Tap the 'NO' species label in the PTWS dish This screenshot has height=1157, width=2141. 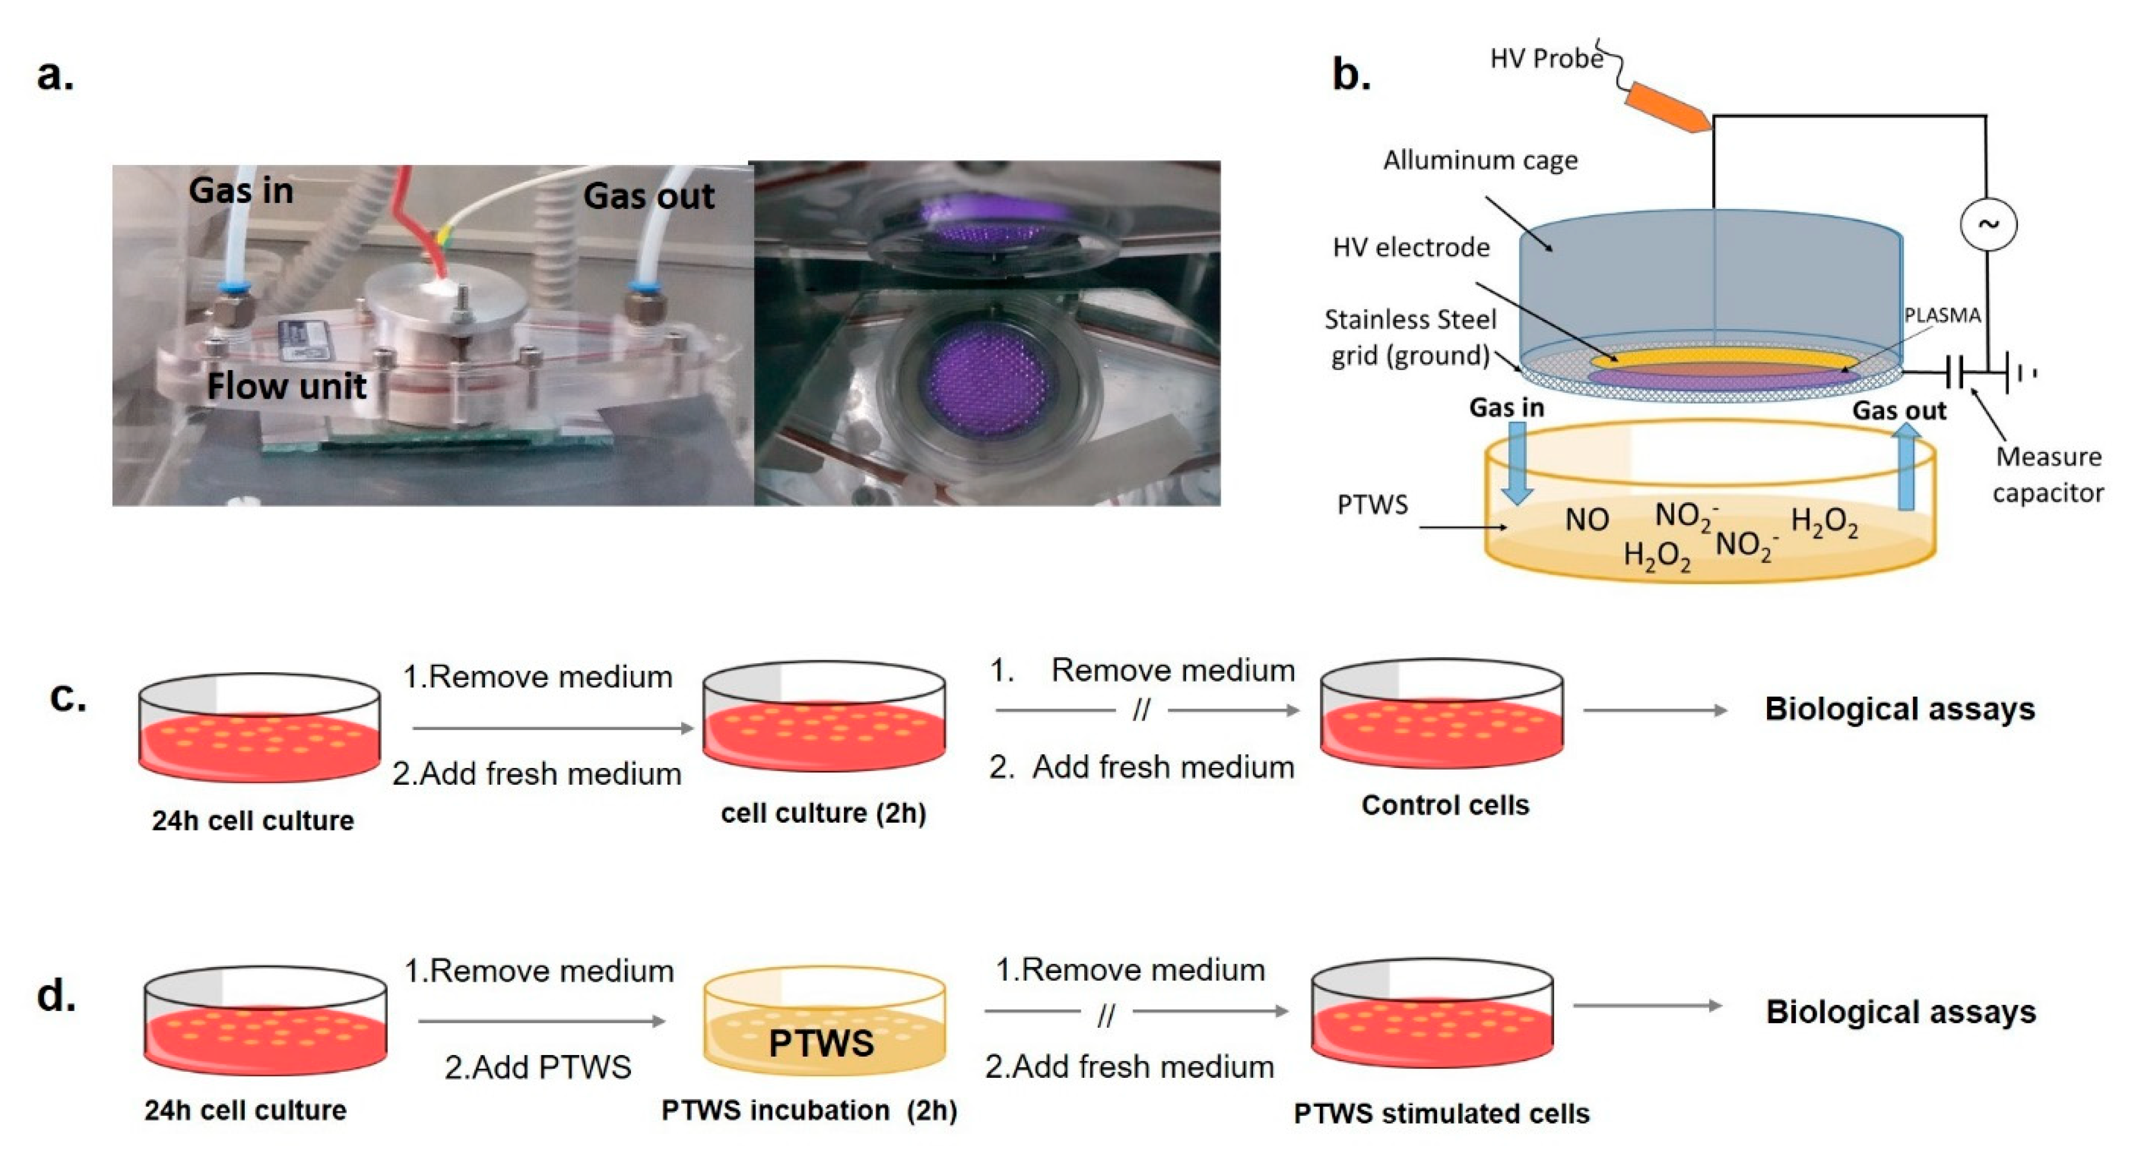(1586, 521)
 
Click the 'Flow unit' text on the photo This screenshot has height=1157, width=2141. (286, 386)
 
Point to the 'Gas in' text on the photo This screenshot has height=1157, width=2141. (241, 191)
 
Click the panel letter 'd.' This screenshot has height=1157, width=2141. (56, 995)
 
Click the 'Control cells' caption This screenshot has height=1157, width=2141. (1444, 805)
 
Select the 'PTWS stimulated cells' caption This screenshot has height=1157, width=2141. (1441, 1113)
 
